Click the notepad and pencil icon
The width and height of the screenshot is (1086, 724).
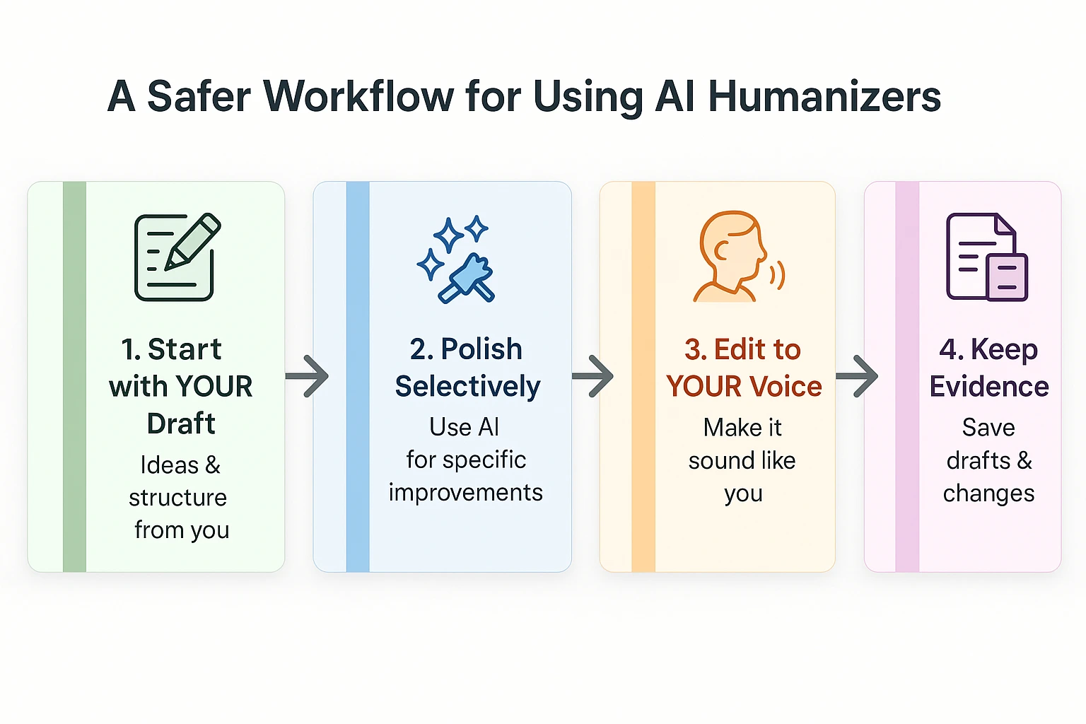177,257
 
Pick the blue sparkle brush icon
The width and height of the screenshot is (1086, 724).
456,259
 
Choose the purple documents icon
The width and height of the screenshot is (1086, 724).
986,257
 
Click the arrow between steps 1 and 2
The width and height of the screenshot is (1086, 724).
308,376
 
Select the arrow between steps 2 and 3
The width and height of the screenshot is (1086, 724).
592,376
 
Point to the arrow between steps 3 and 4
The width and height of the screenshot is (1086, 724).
857,376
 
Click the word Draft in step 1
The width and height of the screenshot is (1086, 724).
181,424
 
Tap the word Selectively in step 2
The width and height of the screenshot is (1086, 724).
467,387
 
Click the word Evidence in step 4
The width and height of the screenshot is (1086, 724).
989,387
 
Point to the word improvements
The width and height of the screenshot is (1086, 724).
466,493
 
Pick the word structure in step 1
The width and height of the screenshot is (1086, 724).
177,498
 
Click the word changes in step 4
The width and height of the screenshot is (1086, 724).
988,494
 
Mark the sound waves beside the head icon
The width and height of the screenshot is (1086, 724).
777,275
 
